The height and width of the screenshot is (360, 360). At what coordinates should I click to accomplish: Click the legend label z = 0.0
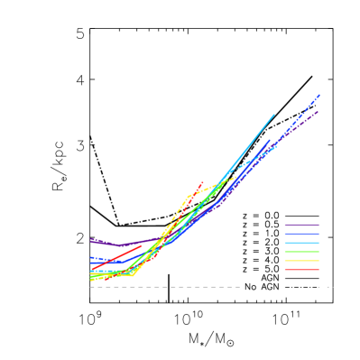[x=261, y=216]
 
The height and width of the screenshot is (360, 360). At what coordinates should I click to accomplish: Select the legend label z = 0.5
[x=261, y=225]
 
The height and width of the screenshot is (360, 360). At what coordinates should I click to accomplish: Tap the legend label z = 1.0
[x=261, y=234]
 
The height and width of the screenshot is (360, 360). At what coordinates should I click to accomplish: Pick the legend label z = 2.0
[x=261, y=243]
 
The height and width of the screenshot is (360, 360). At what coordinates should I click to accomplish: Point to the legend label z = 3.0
[x=261, y=252]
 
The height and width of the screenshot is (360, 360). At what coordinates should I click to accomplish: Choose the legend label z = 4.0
[x=261, y=261]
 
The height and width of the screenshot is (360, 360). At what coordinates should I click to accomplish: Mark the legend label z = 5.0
[x=261, y=270]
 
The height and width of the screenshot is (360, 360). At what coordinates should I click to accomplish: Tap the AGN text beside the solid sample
[x=270, y=278]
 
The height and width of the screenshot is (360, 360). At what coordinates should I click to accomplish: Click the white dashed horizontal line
[x=162, y=287]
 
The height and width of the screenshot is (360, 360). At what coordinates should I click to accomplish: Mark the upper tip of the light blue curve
[x=274, y=115]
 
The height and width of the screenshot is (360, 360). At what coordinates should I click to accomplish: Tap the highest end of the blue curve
[x=319, y=94]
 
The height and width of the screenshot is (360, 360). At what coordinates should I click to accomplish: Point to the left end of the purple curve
[x=91, y=240]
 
